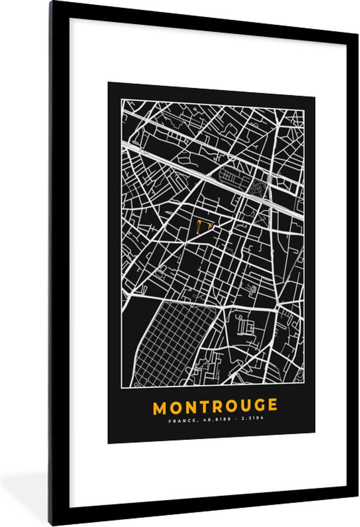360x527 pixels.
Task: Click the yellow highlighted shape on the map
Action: point(203,226)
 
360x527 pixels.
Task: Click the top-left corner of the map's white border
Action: point(122,99)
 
